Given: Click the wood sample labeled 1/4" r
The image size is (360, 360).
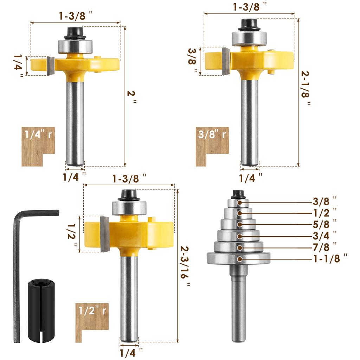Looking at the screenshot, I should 38,146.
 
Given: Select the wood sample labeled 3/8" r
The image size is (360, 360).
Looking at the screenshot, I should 212,146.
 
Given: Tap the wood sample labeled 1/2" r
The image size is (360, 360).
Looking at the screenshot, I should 92,322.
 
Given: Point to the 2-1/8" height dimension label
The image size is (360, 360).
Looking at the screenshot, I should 306,88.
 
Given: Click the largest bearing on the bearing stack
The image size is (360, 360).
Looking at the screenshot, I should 238,258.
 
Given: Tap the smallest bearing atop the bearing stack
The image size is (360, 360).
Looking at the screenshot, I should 238,203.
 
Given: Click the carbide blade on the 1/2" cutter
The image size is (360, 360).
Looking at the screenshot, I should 105,234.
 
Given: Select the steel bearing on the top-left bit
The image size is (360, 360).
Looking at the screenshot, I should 75,46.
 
